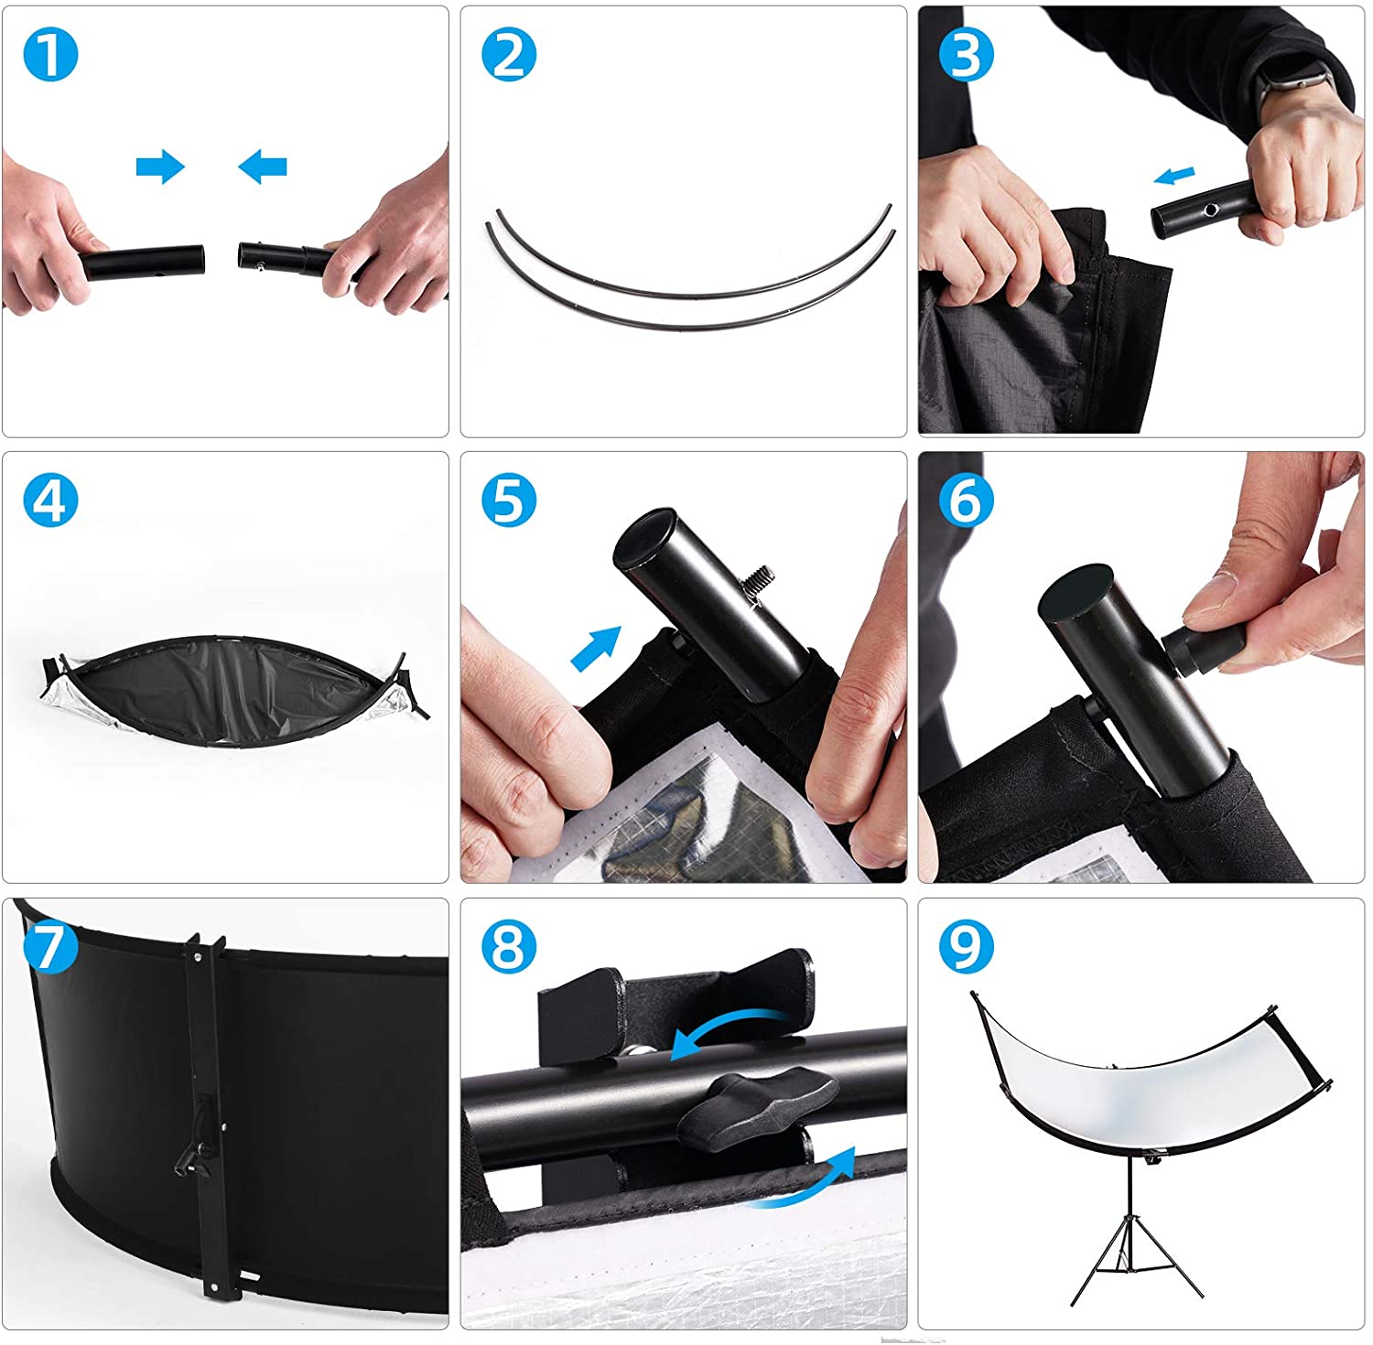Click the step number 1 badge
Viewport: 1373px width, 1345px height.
[x=50, y=55]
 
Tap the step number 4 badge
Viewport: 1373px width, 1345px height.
[x=50, y=500]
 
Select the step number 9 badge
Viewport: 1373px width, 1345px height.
[x=967, y=947]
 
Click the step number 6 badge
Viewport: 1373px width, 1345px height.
[x=967, y=500]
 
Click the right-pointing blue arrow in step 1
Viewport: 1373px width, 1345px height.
[x=160, y=167]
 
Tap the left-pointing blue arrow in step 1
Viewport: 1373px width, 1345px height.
[x=263, y=167]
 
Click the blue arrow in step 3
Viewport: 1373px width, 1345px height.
[x=1174, y=175]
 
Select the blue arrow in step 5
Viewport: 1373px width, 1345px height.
[x=596, y=648]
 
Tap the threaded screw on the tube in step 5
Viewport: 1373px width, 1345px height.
[x=760, y=584]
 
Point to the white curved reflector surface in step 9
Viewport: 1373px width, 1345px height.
[x=1144, y=1080]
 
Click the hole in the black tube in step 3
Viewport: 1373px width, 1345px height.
[x=1211, y=210]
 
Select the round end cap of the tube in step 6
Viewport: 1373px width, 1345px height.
[x=1076, y=596]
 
